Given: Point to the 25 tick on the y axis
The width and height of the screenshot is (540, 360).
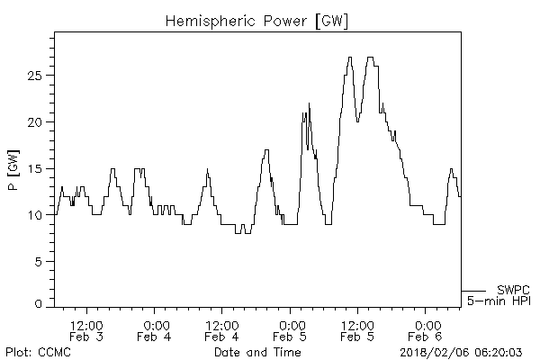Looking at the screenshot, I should click(x=33, y=76).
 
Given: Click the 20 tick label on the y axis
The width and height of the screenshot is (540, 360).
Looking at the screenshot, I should click(x=33, y=122).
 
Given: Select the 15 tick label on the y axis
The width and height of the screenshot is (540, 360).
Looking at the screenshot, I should click(x=33, y=168).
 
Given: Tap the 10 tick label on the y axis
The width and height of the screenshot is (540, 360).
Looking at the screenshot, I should click(x=33, y=215).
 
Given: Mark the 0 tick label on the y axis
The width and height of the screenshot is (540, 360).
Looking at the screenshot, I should click(x=37, y=305).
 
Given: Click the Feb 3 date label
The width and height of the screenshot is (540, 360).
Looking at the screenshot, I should click(x=87, y=337).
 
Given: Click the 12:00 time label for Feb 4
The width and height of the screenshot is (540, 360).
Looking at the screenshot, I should click(x=221, y=324).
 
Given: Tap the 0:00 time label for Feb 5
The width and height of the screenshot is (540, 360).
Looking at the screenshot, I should click(x=290, y=324).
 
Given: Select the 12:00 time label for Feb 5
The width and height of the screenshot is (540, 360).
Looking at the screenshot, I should click(x=357, y=324).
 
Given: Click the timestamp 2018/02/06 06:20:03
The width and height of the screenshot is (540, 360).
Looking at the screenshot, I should click(x=463, y=352).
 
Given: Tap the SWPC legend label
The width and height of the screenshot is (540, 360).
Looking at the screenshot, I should click(x=513, y=290).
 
